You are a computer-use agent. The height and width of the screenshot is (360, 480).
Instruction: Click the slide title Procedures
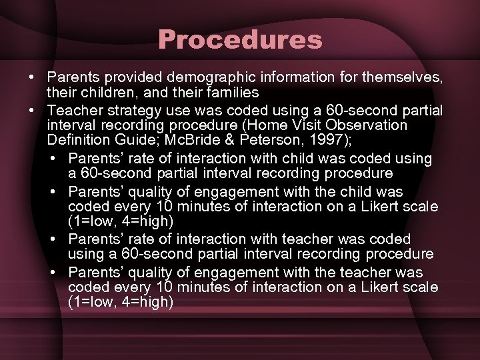point(240,39)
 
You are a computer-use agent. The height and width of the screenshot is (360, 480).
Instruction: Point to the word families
point(230,92)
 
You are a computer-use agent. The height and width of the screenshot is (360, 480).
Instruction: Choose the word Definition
point(77,141)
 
